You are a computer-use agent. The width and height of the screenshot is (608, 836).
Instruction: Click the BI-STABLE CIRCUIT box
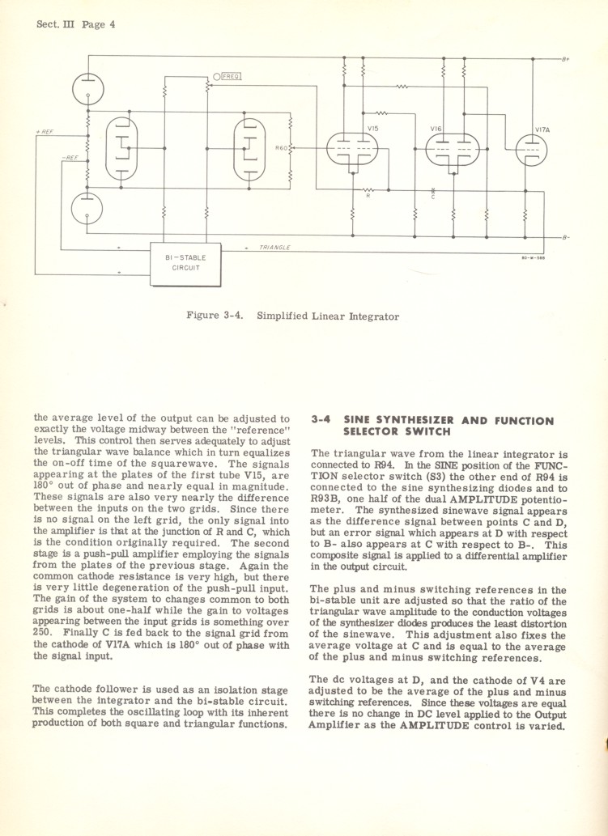(184, 264)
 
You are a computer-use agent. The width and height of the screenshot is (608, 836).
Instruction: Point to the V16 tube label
(436, 129)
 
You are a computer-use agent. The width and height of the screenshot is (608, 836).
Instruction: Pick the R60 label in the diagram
(281, 148)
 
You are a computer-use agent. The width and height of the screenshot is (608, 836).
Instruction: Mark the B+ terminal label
(565, 59)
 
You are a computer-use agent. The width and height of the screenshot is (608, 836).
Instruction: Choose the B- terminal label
(566, 237)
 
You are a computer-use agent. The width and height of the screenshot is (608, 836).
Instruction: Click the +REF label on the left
(45, 131)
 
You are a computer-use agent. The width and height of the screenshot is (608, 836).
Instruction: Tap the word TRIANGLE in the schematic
(275, 246)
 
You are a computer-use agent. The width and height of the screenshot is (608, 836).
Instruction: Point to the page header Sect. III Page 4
(75, 24)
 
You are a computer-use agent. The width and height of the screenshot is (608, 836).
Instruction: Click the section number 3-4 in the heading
(321, 421)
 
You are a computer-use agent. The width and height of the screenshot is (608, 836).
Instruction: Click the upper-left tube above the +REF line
(87, 87)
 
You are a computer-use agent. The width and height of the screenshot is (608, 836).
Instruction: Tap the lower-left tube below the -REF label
(87, 208)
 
